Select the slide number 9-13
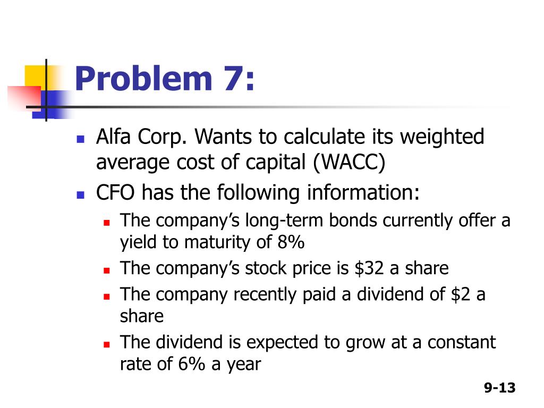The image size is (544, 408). (499, 388)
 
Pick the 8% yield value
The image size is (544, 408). (291, 242)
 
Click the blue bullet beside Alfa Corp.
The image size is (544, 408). (80, 140)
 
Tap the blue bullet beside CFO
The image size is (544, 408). (80, 195)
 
